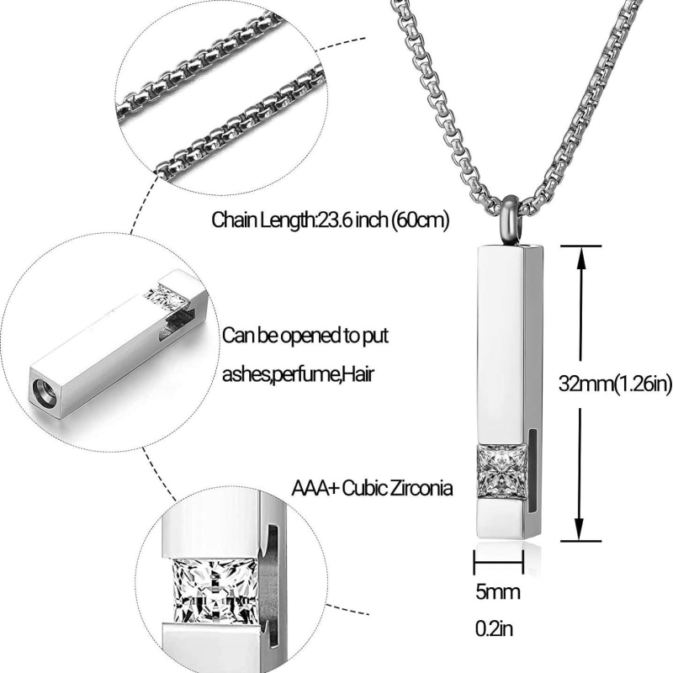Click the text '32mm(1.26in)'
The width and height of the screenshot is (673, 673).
(x=615, y=384)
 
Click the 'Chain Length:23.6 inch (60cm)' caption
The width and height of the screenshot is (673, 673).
(x=331, y=221)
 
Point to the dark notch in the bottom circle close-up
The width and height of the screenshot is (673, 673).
(x=273, y=580)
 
